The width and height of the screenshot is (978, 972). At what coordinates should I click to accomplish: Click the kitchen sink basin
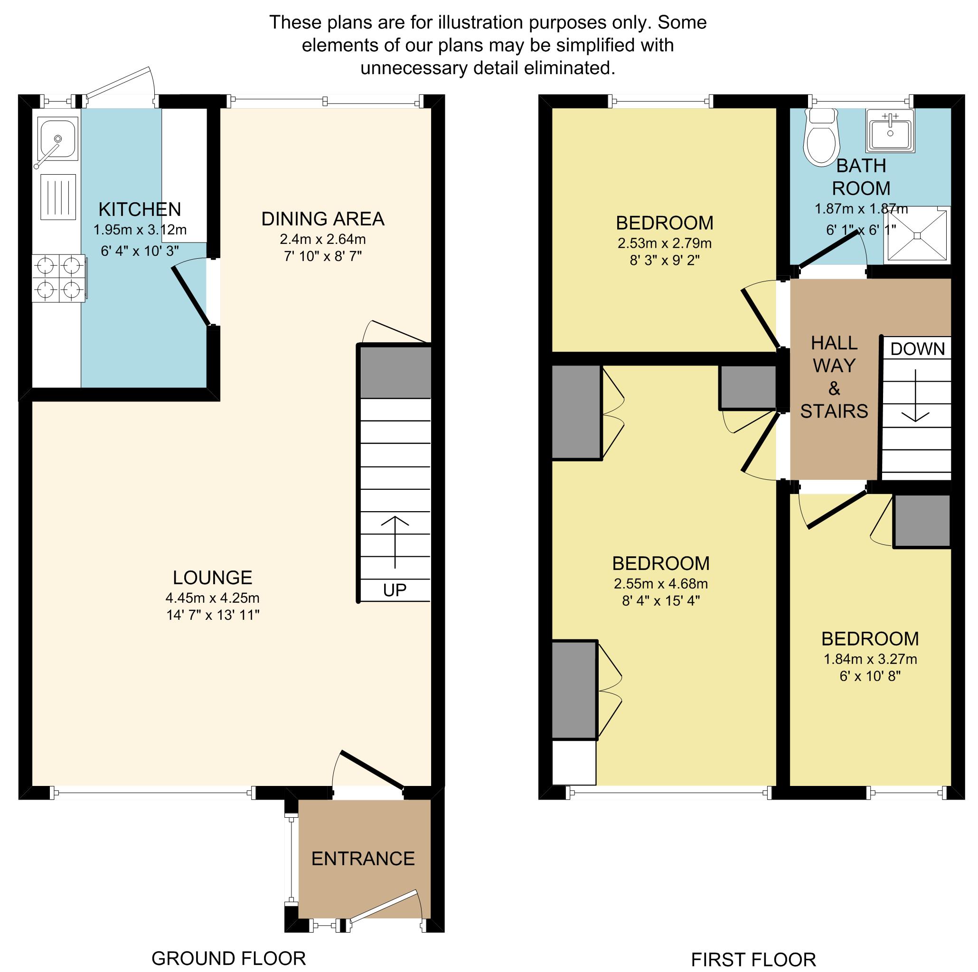[x=57, y=138]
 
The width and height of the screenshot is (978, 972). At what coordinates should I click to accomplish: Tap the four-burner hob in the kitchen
[x=59, y=278]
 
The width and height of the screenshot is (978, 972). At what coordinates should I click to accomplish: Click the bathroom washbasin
[x=890, y=131]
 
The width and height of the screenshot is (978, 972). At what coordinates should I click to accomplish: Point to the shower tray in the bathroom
[x=917, y=235]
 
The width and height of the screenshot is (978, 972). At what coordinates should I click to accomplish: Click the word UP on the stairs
[x=395, y=590]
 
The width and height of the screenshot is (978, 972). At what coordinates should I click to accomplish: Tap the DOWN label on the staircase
[x=917, y=349]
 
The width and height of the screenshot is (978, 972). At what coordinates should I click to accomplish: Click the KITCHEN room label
[x=140, y=209]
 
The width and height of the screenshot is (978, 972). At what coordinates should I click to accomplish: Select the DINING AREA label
[x=323, y=219]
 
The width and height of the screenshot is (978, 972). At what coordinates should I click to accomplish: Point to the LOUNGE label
[x=213, y=577]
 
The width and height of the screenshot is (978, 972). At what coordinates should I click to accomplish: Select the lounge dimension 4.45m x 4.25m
[x=213, y=598]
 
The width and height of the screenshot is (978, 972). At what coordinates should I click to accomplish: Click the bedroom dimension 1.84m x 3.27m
[x=870, y=659]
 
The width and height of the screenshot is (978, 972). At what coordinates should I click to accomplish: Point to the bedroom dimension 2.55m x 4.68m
[x=660, y=584]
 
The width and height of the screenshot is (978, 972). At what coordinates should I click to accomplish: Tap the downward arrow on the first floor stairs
[x=915, y=396]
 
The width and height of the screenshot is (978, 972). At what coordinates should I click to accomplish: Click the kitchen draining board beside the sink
[x=58, y=197]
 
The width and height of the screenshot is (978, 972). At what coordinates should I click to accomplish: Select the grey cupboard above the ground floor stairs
[x=395, y=373]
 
